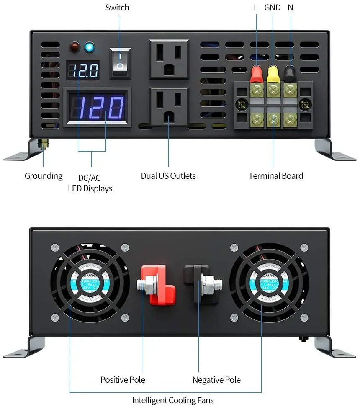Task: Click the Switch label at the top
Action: coord(117,8)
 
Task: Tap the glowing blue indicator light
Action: coord(89,47)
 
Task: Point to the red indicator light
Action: coord(75,47)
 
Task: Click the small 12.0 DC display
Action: coord(83,71)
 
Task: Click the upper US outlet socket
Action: coord(169,59)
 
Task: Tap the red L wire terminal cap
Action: coord(256,74)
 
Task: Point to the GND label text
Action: coord(273,8)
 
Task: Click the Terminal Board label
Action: coord(275,176)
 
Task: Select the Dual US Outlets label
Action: coord(168,176)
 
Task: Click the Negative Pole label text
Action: coord(216,380)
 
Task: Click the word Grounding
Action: coord(44,176)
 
